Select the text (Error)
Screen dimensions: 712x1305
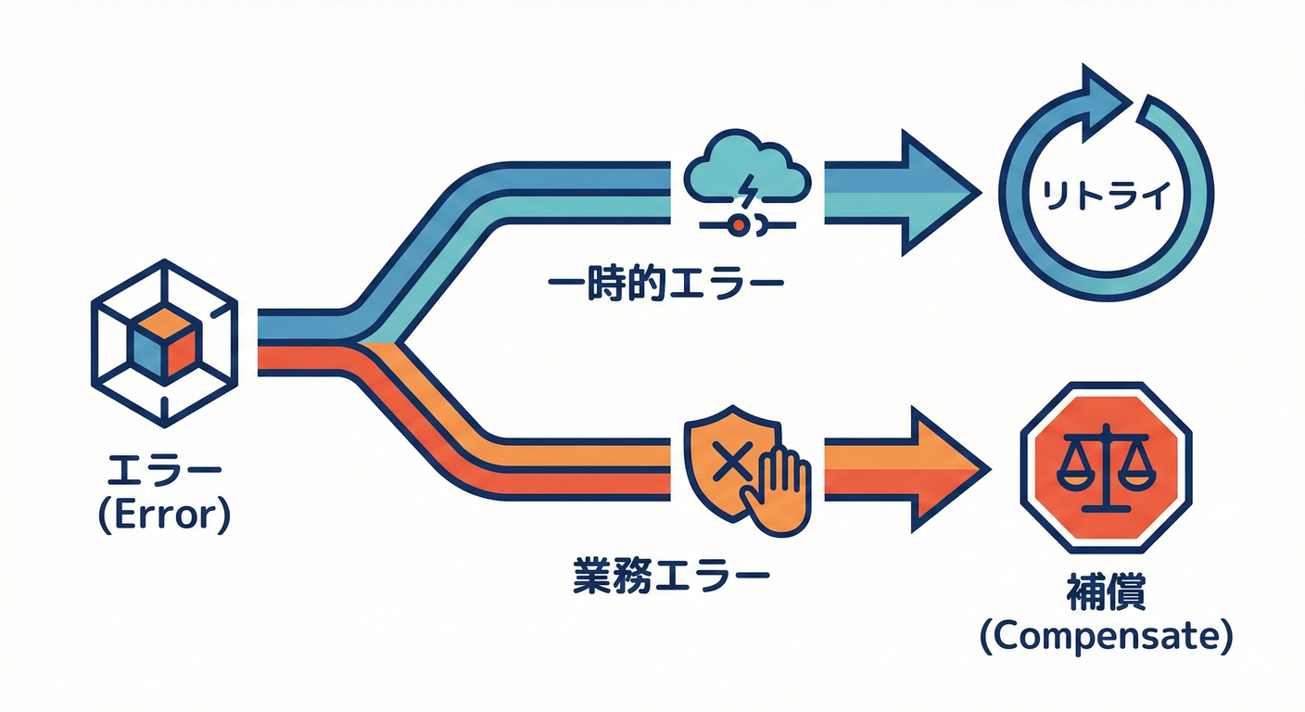(x=163, y=515)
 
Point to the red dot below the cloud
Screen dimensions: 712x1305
(x=739, y=223)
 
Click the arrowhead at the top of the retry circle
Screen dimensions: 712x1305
(x=1109, y=93)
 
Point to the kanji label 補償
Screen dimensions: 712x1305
(x=1106, y=596)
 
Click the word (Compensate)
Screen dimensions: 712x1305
(x=1106, y=638)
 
